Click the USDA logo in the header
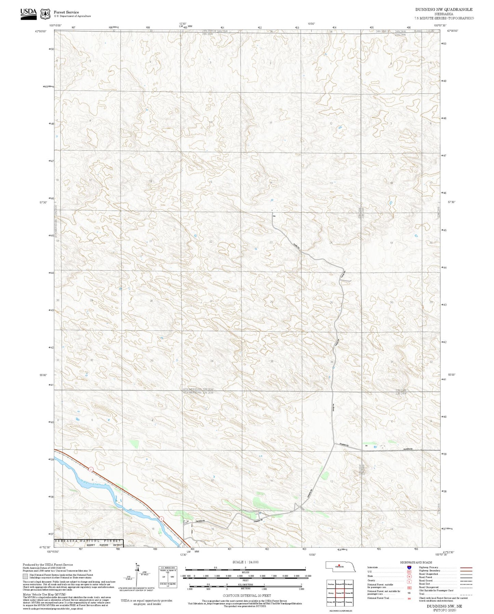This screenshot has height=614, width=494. coord(28,13)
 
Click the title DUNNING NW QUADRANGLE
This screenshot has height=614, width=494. coord(444,10)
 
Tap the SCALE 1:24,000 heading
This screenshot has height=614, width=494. coord(245,562)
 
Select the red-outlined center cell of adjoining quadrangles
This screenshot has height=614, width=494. coord(339,593)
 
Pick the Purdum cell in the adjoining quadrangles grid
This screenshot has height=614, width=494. coord(331,584)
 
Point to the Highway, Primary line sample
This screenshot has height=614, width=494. coord(466,567)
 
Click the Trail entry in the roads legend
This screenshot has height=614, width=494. coord(422,594)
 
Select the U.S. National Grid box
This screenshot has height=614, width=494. coord(168,577)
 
